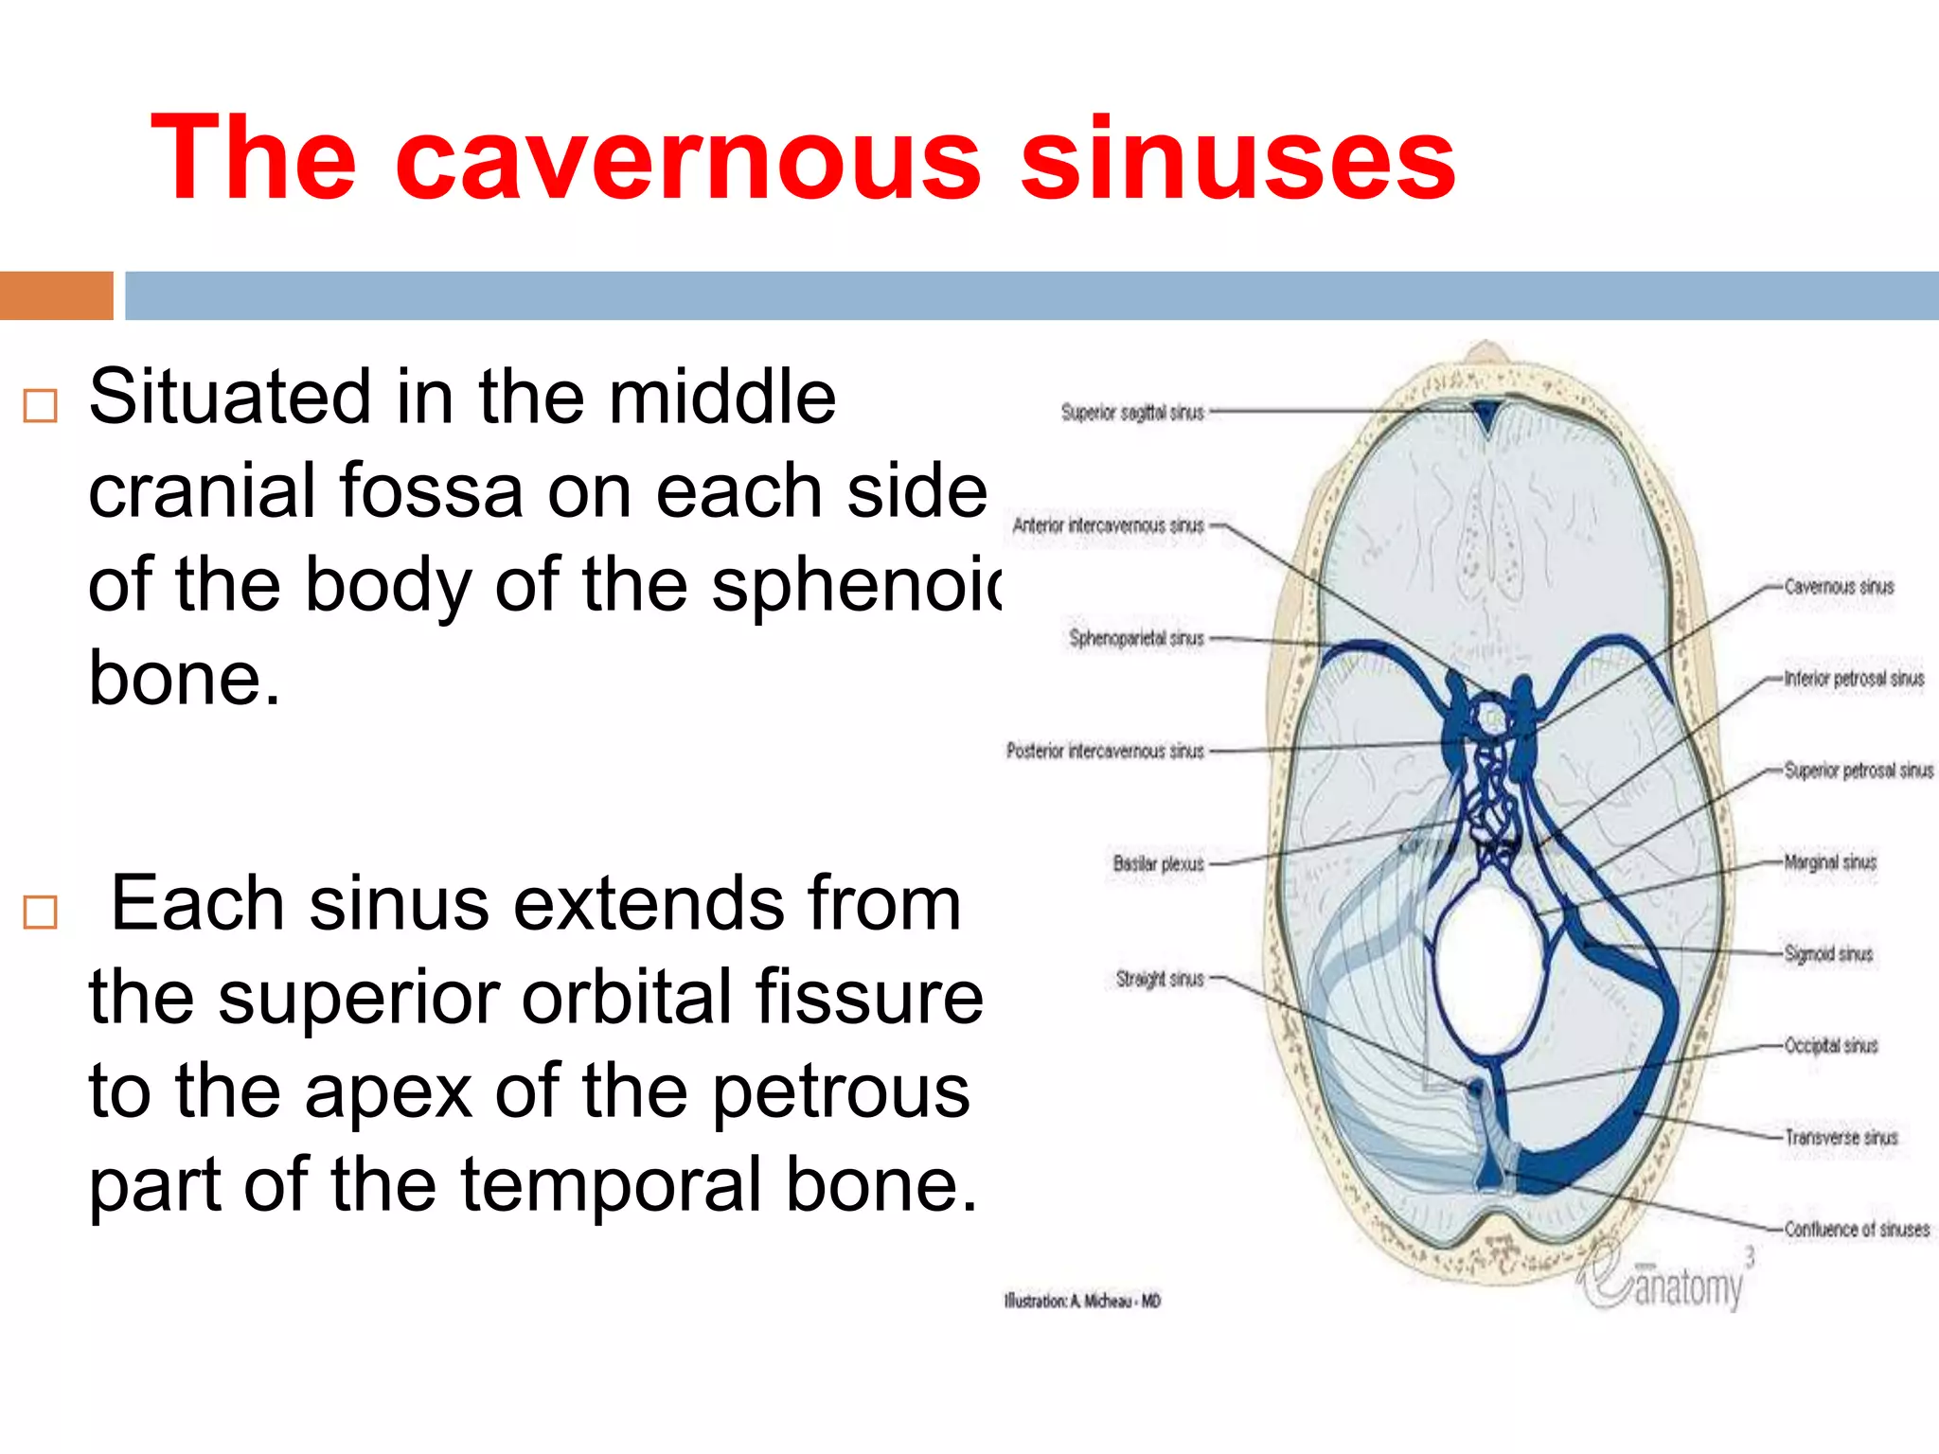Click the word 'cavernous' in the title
[688, 159]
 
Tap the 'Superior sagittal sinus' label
[1132, 413]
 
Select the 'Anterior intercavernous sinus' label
[1108, 525]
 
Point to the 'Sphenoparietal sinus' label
[1136, 638]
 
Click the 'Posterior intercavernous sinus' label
[1105, 751]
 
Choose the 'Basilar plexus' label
[1158, 863]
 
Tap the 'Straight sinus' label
[1159, 978]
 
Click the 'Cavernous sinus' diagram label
[1839, 587]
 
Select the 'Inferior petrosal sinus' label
[1854, 679]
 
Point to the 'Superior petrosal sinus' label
[1858, 771]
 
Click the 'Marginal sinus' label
[1829, 862]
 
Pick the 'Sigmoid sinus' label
[1828, 954]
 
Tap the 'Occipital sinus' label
[1830, 1046]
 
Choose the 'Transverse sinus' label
[1841, 1137]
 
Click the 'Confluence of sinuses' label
[1857, 1229]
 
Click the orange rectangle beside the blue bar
[56, 295]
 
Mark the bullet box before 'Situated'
[41, 406]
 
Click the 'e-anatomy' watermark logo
[1666, 1280]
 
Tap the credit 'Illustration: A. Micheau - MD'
[1081, 1302]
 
